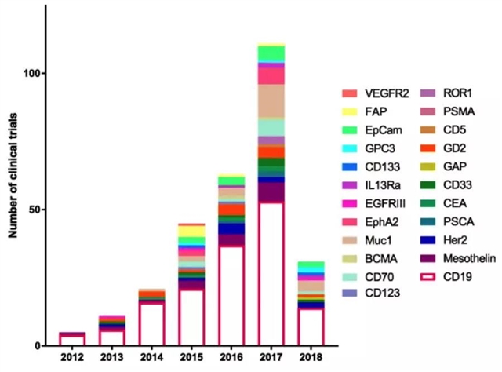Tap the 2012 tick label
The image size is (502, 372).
72,359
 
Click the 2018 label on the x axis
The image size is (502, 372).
311,359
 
